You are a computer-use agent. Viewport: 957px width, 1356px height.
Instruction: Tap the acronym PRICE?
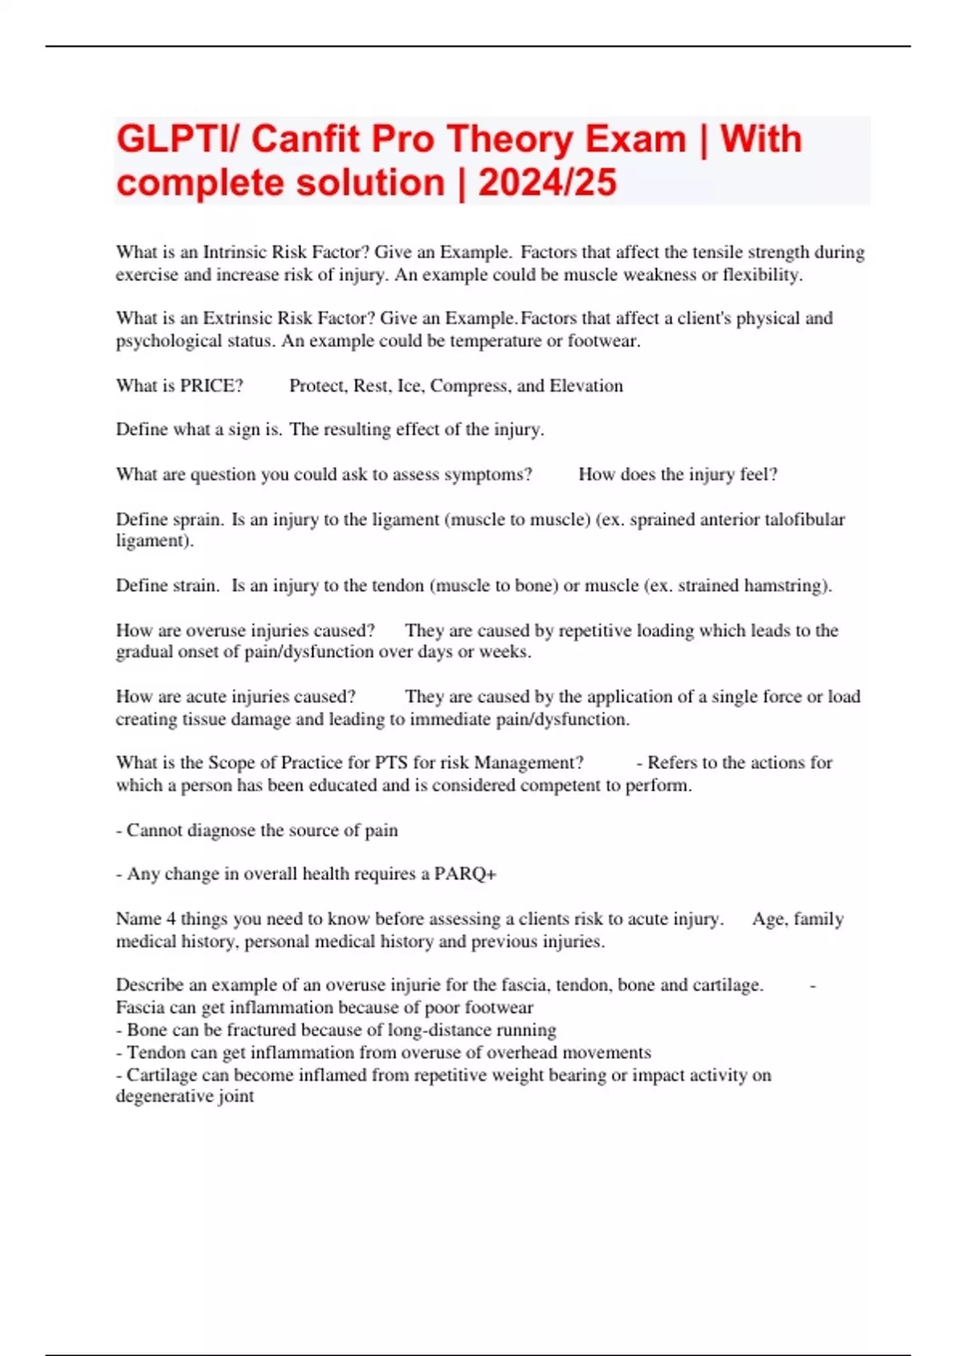click(211, 386)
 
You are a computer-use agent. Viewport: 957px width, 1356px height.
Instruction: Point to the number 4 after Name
click(171, 919)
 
